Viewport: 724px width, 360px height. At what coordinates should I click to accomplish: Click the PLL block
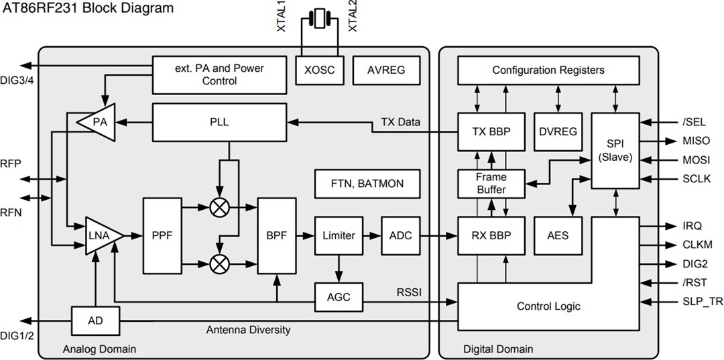click(219, 122)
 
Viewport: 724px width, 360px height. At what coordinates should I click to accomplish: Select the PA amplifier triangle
click(95, 122)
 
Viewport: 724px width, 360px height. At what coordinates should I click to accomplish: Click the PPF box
click(162, 235)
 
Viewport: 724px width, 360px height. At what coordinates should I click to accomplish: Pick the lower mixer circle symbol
click(219, 263)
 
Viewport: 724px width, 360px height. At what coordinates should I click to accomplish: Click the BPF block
click(277, 235)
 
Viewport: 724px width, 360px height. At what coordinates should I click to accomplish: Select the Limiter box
click(339, 235)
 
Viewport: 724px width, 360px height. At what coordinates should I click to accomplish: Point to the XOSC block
click(320, 70)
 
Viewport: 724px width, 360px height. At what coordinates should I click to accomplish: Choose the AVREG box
click(386, 70)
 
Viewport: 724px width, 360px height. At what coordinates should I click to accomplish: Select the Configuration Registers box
click(548, 70)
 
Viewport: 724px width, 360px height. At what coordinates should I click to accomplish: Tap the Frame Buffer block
click(491, 183)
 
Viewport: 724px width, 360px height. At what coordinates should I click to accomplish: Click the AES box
click(557, 235)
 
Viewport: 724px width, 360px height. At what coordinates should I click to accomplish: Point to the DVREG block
click(557, 132)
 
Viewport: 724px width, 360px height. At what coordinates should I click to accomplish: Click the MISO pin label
click(695, 141)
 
